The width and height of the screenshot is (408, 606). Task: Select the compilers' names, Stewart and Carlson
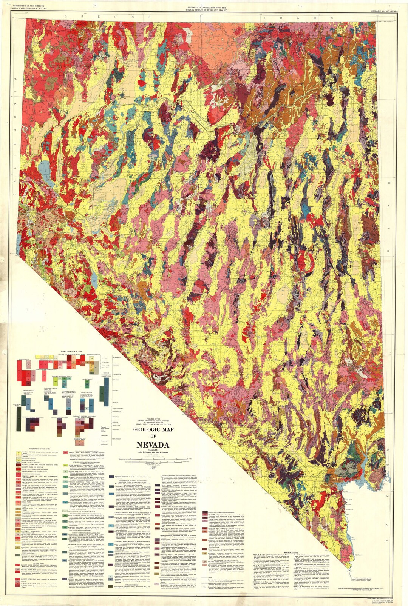coord(153,452)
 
